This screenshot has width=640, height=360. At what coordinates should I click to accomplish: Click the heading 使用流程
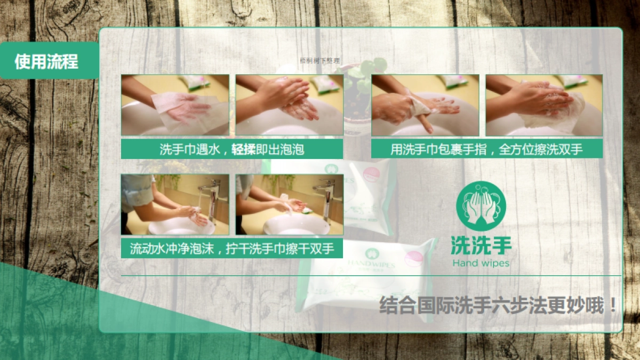[46, 62]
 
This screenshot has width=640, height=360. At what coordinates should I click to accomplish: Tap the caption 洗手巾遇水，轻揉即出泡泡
[231, 149]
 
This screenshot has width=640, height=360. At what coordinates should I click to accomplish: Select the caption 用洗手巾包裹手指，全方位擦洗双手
[486, 149]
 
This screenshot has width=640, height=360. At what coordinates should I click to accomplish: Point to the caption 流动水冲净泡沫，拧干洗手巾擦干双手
[231, 249]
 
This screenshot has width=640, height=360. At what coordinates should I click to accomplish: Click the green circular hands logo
[481, 206]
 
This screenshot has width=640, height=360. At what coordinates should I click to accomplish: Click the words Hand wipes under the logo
[481, 263]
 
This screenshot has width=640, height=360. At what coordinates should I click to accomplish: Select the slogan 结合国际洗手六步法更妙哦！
[498, 306]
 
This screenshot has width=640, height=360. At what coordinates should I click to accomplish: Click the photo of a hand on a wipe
[175, 105]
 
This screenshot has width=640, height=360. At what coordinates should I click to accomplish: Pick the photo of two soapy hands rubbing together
[289, 105]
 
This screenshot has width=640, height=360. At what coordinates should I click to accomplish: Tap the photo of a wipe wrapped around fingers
[425, 105]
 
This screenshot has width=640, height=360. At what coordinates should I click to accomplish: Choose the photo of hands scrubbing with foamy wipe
[543, 105]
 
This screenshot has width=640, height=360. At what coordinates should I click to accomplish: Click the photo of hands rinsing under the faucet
[175, 205]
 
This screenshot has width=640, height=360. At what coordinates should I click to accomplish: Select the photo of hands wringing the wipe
[289, 205]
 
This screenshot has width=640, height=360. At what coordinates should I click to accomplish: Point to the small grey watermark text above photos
[319, 61]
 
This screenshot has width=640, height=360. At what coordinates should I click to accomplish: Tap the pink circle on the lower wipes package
[413, 258]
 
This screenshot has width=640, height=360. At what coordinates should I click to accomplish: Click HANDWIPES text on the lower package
[371, 264]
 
